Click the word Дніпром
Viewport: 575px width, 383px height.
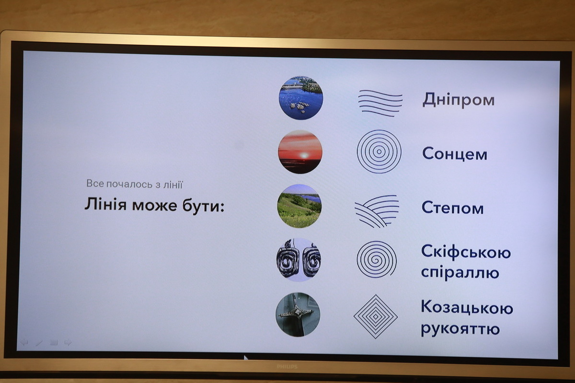(459, 100)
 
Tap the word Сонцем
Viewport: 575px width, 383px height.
(455, 153)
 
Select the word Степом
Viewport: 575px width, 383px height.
(452, 208)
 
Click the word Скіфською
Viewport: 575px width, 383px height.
(466, 252)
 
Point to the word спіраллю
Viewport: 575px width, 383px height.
(460, 272)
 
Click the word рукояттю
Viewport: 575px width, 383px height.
(460, 329)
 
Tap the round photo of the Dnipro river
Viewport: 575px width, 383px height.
(301, 98)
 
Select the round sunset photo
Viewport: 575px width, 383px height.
(300, 152)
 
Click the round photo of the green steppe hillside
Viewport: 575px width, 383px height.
(299, 206)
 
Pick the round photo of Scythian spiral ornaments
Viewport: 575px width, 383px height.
(299, 260)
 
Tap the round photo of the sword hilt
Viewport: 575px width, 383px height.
(298, 314)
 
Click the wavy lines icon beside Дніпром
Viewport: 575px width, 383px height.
(380, 103)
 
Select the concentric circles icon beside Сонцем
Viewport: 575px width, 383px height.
(379, 151)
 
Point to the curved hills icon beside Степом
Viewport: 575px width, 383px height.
(377, 211)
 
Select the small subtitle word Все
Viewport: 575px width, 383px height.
(95, 183)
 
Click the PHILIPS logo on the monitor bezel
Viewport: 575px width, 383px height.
(287, 367)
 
